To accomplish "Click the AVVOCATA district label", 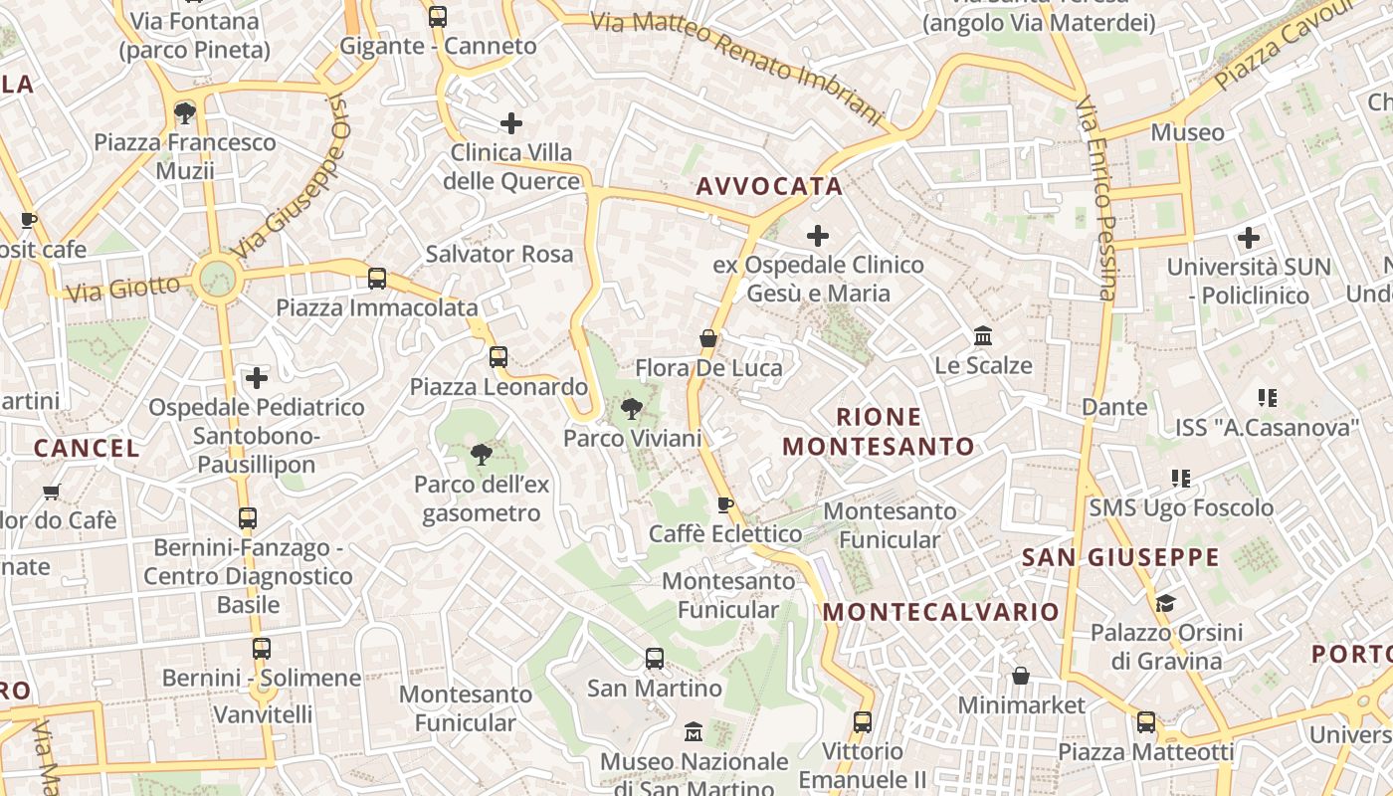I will (769, 186).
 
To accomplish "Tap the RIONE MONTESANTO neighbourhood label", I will (879, 431).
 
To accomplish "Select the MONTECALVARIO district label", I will (941, 611).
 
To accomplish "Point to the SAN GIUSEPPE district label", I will (1120, 557).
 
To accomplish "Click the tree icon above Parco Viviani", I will (631, 407).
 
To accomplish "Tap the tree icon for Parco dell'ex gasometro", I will (481, 455).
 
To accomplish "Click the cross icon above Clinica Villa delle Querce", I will (511, 123).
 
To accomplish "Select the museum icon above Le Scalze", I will (984, 335).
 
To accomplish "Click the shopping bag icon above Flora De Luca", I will (708, 338).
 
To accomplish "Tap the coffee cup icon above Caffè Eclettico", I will (725, 504).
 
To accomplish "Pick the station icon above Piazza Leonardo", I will (498, 356).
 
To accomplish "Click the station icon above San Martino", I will (655, 658).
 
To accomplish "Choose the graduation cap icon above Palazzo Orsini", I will (1165, 603).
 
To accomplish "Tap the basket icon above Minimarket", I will (1021, 676).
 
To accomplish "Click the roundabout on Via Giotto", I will (217, 278).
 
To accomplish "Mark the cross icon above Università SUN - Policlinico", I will (1249, 238).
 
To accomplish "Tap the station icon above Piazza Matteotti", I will (1146, 722).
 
